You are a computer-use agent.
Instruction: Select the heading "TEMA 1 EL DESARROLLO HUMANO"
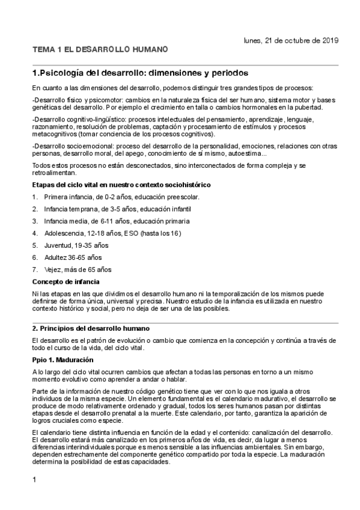tap(100, 49)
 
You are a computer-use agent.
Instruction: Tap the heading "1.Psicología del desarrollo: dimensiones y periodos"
tap(139, 73)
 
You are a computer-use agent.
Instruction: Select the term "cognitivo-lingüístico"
tap(93, 119)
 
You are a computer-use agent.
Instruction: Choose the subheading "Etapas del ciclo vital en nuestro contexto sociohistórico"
tap(121, 183)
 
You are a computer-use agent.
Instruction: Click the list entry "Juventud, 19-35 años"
tap(76, 245)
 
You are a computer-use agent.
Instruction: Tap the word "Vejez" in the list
tap(53, 269)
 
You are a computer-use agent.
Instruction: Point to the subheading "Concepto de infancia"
tap(66, 281)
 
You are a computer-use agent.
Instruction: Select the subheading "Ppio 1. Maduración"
tap(63, 360)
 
